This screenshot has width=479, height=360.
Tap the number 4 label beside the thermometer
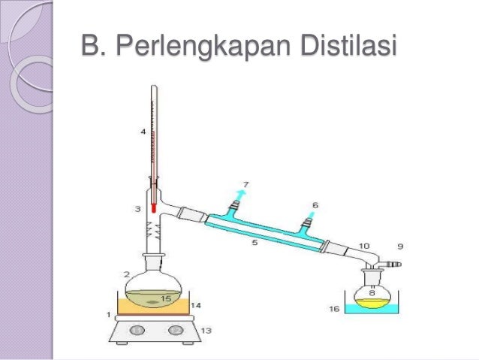coord(143,132)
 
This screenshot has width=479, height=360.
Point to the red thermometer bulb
coord(153,205)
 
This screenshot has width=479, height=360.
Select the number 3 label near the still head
coord(138,207)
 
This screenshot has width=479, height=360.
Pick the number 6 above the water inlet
coord(315,204)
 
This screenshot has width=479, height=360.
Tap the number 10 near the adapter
coord(364,246)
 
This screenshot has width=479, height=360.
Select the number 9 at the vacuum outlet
coord(400,246)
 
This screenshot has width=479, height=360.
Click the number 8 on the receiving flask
coord(372,293)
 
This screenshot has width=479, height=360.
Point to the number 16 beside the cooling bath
coord(335,308)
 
